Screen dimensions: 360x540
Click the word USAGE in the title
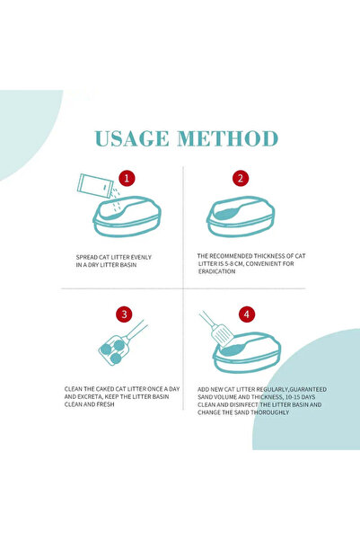click(x=132, y=138)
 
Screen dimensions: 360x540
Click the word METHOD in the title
click(x=227, y=138)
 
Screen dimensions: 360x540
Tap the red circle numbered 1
click(x=127, y=179)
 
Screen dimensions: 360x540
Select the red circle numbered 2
click(x=241, y=179)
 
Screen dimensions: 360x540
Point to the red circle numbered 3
click(x=124, y=314)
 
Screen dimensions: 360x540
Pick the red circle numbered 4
click(x=246, y=314)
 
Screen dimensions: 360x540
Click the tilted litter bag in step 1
click(x=94, y=186)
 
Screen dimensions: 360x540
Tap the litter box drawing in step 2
click(x=241, y=217)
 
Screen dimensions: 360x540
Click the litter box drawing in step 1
click(x=127, y=217)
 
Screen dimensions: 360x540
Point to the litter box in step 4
click(x=247, y=352)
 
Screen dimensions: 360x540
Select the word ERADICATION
click(x=217, y=271)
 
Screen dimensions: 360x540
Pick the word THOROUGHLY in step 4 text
click(x=270, y=412)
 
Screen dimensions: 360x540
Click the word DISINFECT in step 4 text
click(x=244, y=404)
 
